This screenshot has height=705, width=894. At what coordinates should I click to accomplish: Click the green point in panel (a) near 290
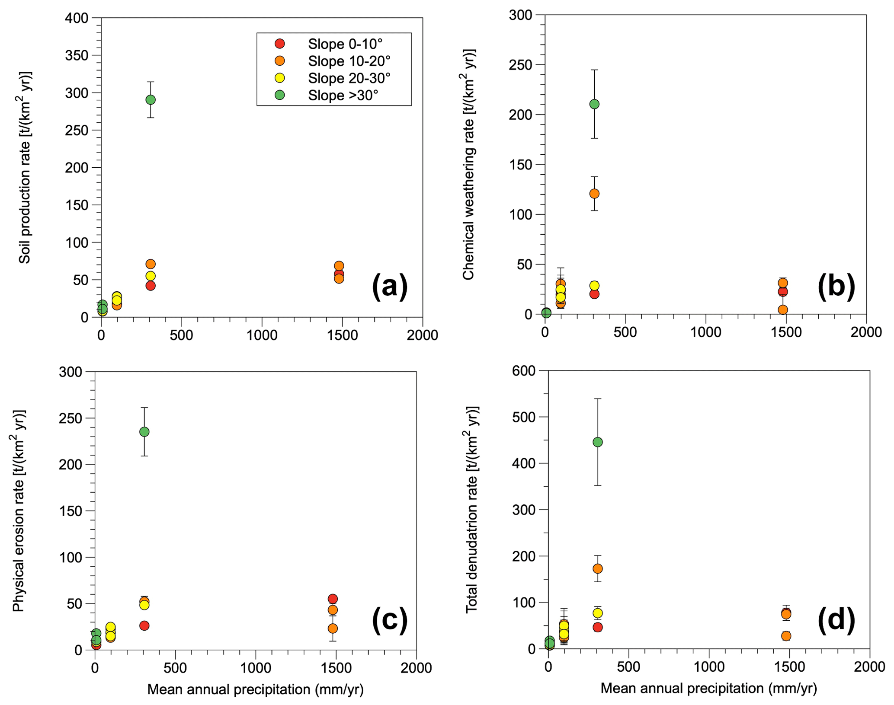151,100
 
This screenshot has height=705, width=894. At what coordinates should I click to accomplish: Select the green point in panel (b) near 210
594,104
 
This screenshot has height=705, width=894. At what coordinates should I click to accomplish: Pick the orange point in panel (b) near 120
594,194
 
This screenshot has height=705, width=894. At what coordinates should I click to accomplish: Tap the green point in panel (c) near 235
144,432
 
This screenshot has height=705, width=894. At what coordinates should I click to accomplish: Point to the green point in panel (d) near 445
598,442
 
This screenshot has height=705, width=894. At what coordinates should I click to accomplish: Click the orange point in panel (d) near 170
598,568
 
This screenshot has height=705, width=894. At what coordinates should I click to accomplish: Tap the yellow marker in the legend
280,78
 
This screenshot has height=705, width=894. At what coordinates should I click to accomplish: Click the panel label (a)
390,286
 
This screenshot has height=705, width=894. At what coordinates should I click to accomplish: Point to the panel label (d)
836,619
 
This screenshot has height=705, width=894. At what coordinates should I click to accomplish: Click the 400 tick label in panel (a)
77,18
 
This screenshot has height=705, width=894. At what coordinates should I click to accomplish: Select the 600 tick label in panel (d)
524,370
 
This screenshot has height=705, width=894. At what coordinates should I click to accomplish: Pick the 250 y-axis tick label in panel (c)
70,418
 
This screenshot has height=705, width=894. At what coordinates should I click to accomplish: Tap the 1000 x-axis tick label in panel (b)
706,332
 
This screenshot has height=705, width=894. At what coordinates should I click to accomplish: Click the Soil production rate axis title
25,167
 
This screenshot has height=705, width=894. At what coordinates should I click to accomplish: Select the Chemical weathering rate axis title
469,164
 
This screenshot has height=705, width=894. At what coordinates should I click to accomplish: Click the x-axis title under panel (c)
255,689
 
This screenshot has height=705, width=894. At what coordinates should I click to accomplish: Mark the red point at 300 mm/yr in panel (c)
144,625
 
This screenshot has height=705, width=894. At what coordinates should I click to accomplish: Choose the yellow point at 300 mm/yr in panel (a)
151,276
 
